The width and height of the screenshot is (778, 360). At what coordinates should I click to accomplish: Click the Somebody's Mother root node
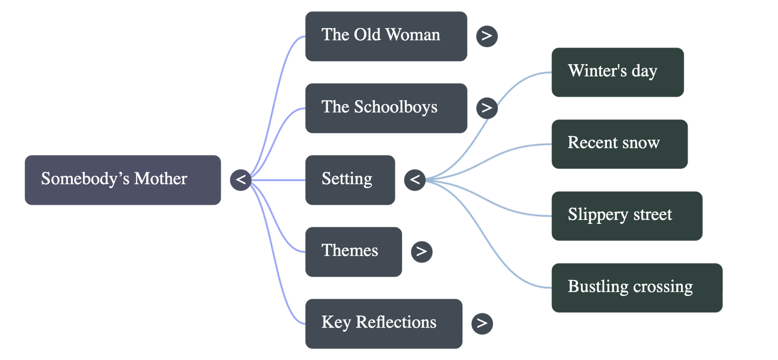click(x=123, y=180)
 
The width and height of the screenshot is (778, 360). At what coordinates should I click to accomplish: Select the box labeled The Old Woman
click(x=386, y=36)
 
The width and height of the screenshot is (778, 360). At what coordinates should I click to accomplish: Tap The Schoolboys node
click(x=386, y=108)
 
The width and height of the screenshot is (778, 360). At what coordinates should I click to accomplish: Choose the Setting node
click(x=350, y=180)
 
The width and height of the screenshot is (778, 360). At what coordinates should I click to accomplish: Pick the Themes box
click(x=354, y=252)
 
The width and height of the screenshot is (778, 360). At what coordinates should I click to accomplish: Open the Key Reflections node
click(x=384, y=323)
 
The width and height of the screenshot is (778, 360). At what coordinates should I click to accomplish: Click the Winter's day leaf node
click(x=617, y=72)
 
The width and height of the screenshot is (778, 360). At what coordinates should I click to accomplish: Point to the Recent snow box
click(x=619, y=144)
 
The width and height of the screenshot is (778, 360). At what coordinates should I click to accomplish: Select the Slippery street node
click(x=626, y=216)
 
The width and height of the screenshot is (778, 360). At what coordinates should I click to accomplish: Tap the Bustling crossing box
click(x=637, y=288)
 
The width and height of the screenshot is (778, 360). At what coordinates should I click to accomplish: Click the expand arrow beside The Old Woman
click(x=487, y=36)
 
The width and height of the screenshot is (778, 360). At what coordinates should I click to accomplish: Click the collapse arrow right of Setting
click(x=415, y=180)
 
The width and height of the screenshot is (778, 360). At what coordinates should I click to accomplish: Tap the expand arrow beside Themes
click(x=421, y=252)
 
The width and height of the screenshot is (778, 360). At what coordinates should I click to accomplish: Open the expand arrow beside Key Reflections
click(x=482, y=323)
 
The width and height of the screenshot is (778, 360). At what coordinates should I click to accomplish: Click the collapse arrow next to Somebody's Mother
click(x=241, y=180)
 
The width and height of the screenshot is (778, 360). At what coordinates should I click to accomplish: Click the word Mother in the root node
click(x=160, y=179)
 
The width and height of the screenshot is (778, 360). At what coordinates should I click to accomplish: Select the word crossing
click(x=663, y=287)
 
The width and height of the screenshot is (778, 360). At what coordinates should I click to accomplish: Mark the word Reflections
click(x=396, y=322)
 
